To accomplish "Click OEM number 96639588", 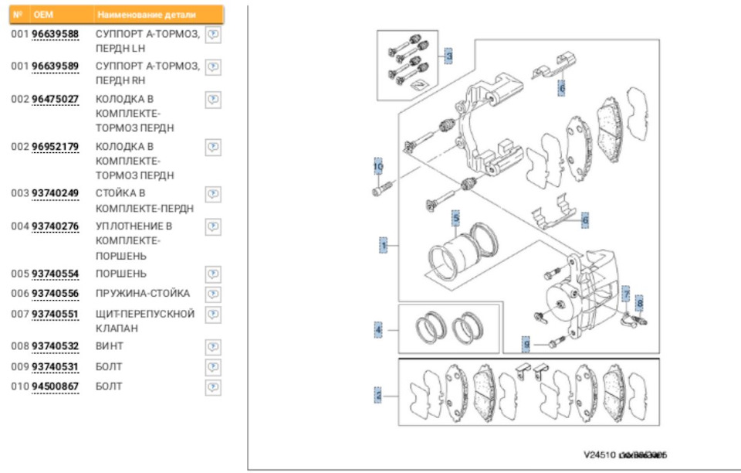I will tap(55, 35).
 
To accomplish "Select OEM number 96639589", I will tap(55, 66).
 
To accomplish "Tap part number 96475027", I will tap(55, 99).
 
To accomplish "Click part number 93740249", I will tap(55, 193).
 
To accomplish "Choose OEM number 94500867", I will tap(55, 386).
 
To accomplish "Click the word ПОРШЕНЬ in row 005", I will tap(120, 274).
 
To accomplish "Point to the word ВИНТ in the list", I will tap(109, 346).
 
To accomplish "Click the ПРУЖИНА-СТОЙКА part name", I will tap(142, 294).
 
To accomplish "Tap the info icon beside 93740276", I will tap(214, 226).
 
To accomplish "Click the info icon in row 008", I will tap(214, 346).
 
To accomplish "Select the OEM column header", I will tap(42, 15).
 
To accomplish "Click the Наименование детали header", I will tap(146, 15).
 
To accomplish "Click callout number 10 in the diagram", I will tap(378, 166).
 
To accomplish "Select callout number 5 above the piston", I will tap(456, 219).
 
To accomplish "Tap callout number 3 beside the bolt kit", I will tap(448, 56).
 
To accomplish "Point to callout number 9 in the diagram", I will tap(526, 342).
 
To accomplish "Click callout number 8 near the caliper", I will tap(639, 304).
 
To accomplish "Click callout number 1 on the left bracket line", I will tap(383, 246).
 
